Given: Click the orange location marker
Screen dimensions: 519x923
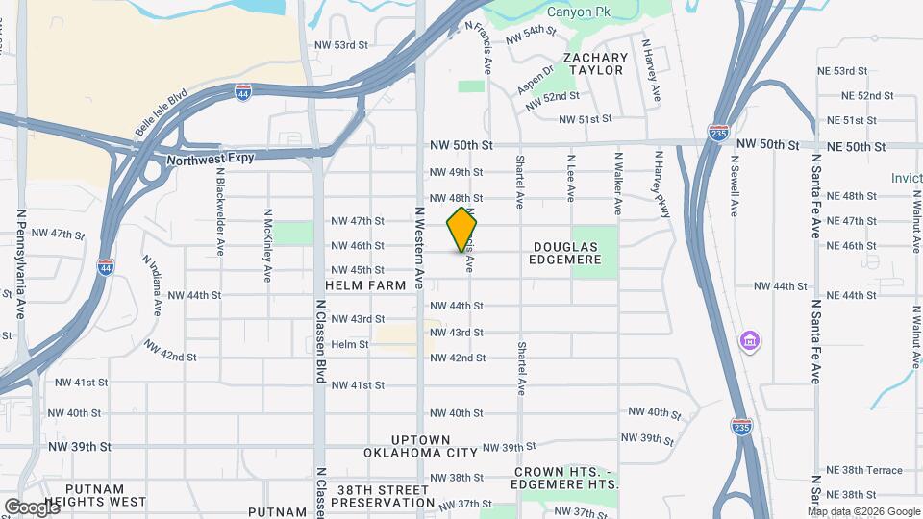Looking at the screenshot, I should [462, 229].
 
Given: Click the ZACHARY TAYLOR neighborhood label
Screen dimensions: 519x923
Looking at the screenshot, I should [596, 64].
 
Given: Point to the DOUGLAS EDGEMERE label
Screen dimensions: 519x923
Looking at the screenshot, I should [567, 253].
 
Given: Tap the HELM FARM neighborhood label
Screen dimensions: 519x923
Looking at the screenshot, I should [366, 286].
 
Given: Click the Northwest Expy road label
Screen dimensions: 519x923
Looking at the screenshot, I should [210, 160].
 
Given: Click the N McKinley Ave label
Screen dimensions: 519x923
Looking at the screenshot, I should [267, 240].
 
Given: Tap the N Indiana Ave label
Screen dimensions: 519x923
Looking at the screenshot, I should [153, 285].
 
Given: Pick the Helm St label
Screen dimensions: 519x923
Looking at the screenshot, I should [349, 344].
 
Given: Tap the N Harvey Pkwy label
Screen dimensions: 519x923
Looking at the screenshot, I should [661, 184].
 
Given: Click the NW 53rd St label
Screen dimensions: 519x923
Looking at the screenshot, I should [341, 45].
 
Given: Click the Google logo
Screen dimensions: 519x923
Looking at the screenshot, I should [32, 507].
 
